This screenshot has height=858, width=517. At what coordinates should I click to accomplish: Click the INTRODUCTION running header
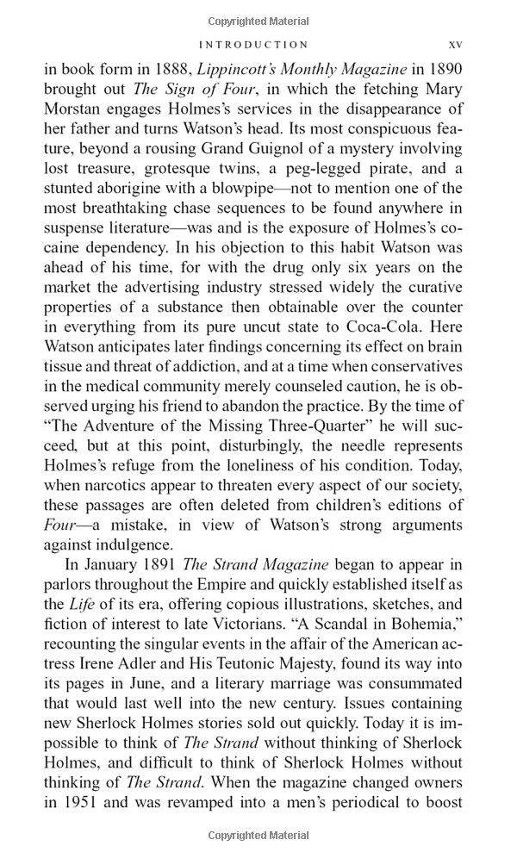coord(252,44)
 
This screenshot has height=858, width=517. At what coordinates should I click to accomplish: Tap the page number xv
coord(456,44)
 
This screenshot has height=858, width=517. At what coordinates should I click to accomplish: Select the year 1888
coord(178,70)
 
